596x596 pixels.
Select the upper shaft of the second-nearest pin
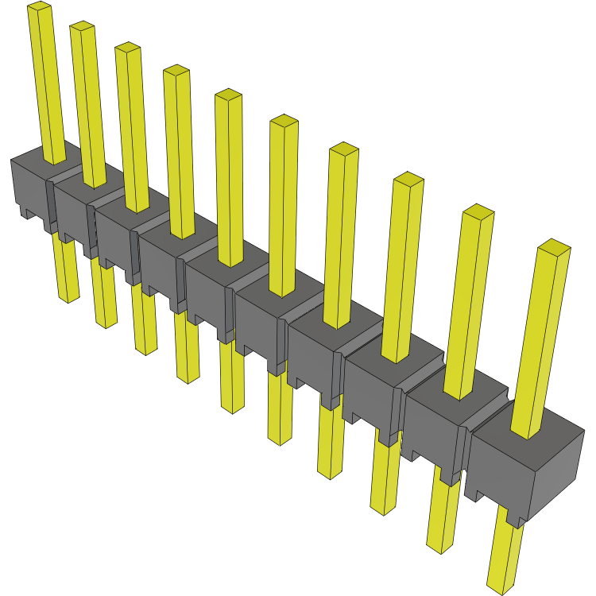tap(467, 302)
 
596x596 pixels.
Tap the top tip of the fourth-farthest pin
tap(176, 72)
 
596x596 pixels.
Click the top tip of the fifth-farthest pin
tap(228, 95)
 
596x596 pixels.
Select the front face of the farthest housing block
tap(29, 187)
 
